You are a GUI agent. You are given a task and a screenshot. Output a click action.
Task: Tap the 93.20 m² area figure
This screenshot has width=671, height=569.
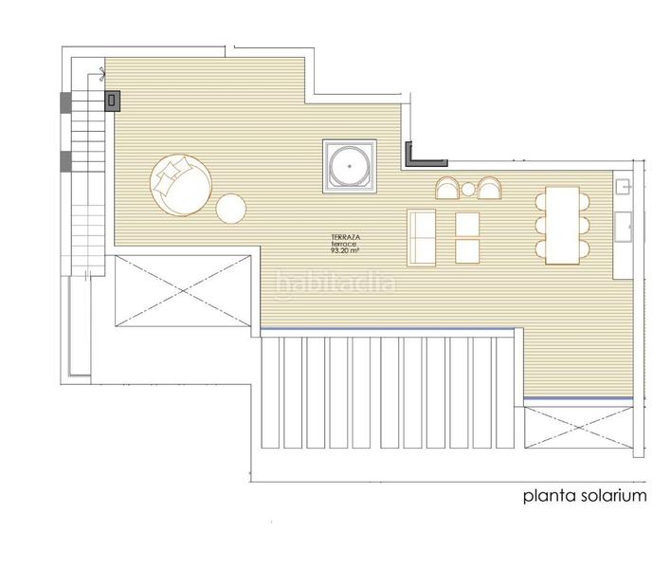(344, 251)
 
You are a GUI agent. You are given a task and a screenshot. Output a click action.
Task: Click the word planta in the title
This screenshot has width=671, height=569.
(550, 497)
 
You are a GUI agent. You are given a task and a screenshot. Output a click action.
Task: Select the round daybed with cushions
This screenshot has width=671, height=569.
(181, 185)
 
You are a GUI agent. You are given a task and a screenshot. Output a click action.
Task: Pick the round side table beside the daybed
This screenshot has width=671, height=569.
(231, 209)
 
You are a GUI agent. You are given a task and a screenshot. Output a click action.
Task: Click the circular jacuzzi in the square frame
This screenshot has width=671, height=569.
(350, 166)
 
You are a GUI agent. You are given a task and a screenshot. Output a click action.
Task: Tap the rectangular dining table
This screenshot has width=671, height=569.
(562, 225)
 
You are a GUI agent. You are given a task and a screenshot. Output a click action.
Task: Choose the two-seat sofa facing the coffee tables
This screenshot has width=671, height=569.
(422, 238)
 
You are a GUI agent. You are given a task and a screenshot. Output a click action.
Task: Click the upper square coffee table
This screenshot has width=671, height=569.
(467, 225)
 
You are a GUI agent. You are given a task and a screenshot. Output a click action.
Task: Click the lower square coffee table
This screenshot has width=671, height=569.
(467, 251)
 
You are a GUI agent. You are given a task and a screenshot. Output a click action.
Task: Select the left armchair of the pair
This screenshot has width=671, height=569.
(447, 189)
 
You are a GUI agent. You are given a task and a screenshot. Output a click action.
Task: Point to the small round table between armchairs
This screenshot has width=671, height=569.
(468, 189)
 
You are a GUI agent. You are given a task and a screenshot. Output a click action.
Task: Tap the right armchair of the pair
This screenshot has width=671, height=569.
(490, 189)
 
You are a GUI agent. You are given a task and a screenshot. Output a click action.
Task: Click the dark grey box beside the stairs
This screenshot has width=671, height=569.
(112, 101)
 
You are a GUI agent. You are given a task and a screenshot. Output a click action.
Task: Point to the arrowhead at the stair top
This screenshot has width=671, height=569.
(103, 74)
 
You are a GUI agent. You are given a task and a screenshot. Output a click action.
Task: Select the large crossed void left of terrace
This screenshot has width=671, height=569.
(183, 291)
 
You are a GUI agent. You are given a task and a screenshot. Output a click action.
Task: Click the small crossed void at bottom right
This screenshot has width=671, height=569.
(578, 428)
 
